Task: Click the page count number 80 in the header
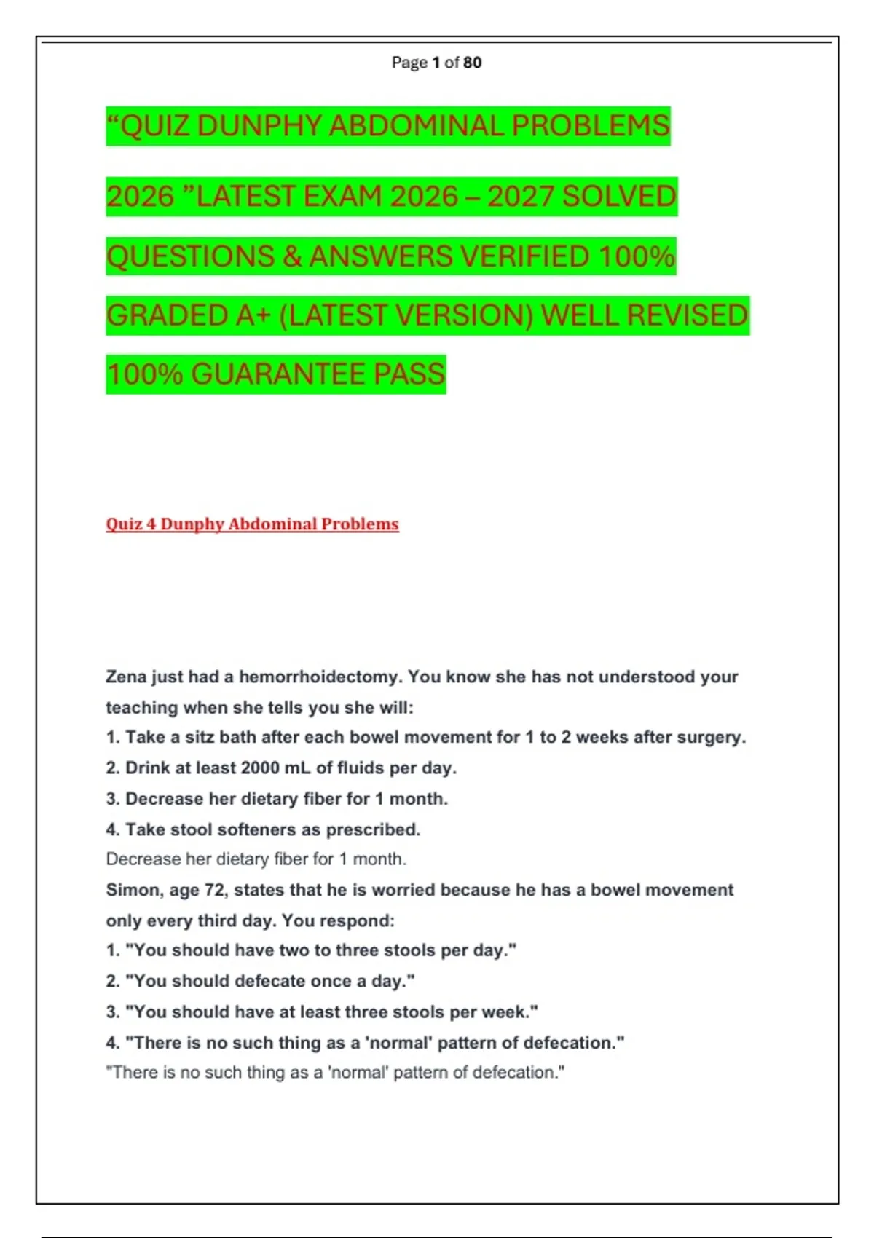click(472, 63)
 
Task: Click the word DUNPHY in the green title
click(259, 126)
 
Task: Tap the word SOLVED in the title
click(619, 197)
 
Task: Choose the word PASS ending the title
click(409, 374)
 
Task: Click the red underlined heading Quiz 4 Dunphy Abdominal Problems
click(252, 524)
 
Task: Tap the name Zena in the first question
click(126, 677)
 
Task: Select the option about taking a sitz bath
click(426, 737)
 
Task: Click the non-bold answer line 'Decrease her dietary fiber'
click(256, 859)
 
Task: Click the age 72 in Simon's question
click(216, 890)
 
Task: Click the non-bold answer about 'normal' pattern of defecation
click(335, 1073)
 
